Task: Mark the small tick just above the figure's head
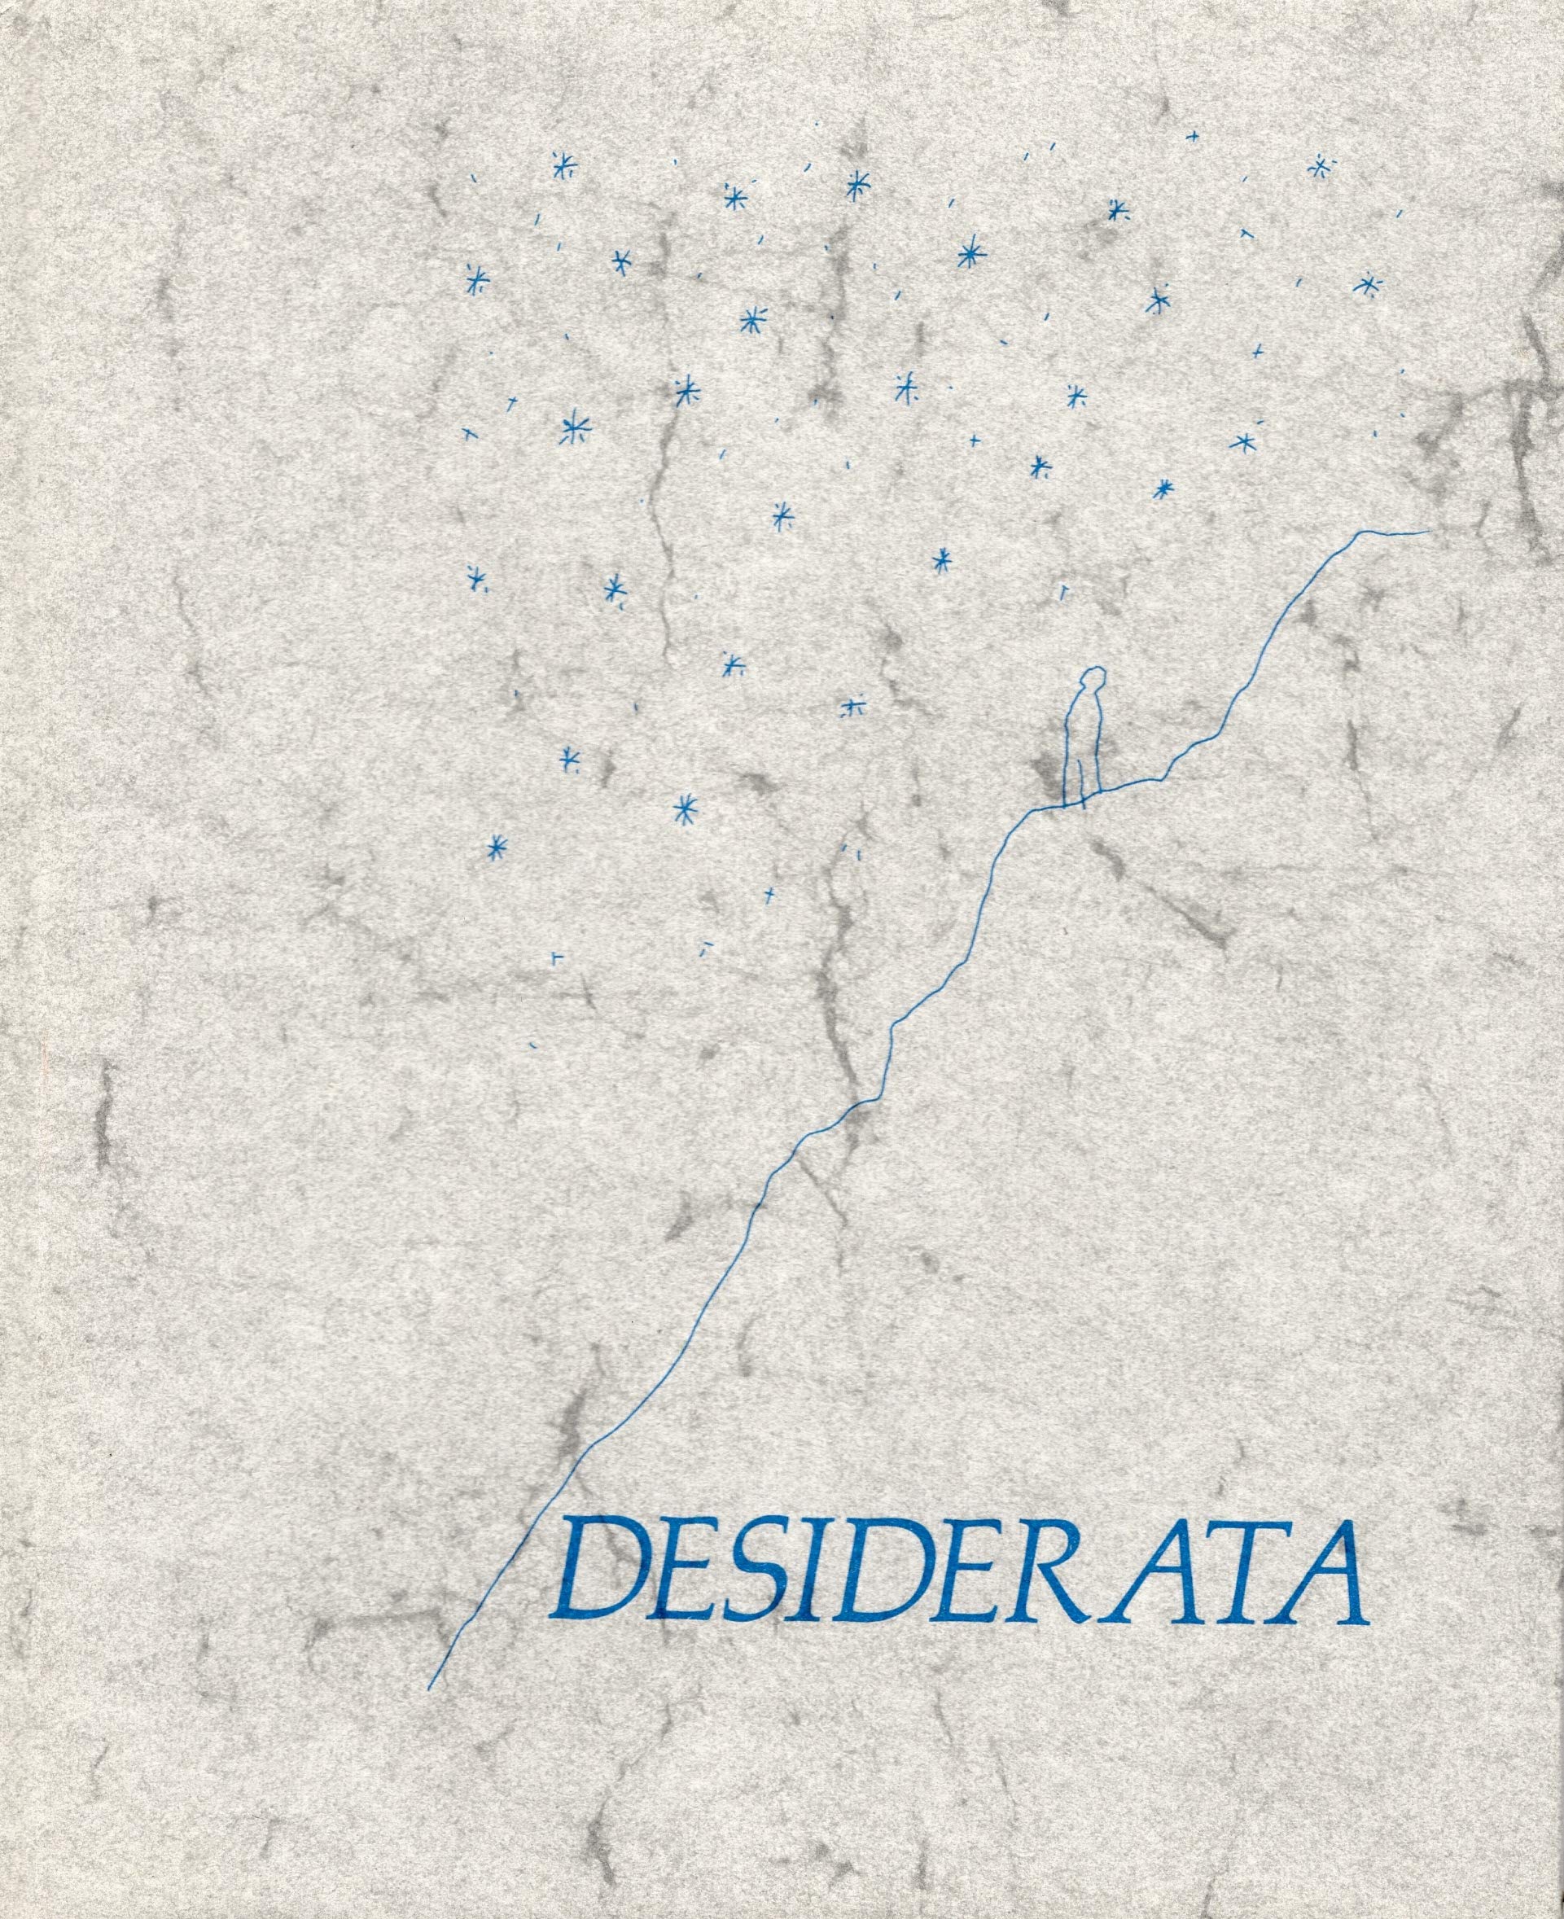pyautogui.click(x=1063, y=592)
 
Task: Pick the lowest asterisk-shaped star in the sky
pyautogui.click(x=496, y=846)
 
